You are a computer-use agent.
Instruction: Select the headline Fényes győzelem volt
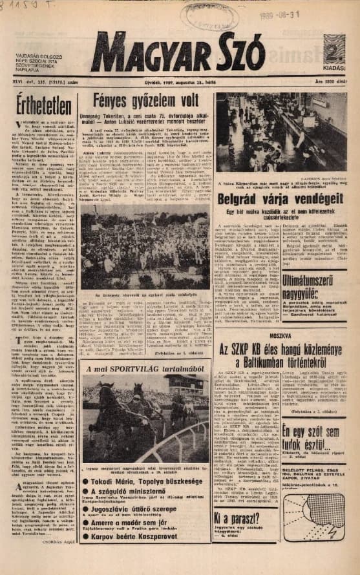pyautogui.click(x=145, y=101)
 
